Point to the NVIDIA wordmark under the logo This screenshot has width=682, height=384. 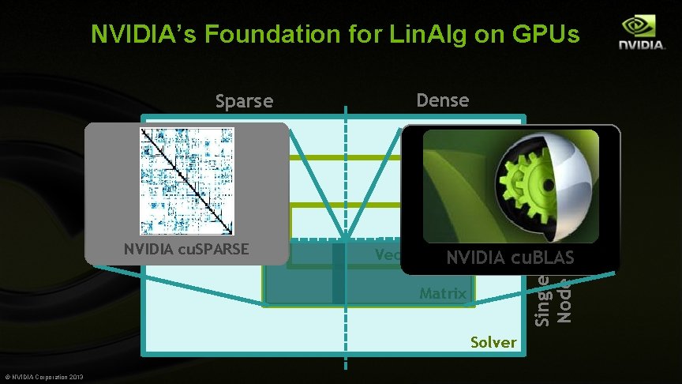(x=641, y=45)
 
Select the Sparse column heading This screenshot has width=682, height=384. (x=245, y=101)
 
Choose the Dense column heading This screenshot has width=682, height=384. (x=442, y=100)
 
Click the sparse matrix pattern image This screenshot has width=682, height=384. (x=186, y=181)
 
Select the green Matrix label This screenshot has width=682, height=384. (x=443, y=293)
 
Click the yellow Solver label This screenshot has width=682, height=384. (x=493, y=342)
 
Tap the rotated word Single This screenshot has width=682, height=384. (x=543, y=299)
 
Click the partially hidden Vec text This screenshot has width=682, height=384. (x=388, y=254)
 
